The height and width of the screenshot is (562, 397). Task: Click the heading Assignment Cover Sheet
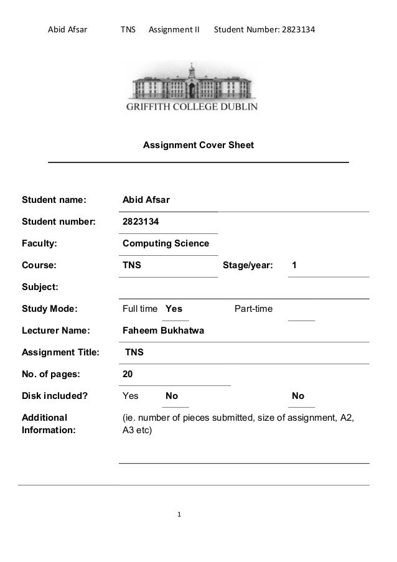click(198, 146)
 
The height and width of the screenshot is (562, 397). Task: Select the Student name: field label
click(54, 200)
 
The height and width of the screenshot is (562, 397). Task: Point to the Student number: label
click(59, 222)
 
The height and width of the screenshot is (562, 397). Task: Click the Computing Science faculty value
click(166, 243)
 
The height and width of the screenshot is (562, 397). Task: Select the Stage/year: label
click(247, 265)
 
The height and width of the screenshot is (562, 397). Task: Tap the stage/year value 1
click(294, 265)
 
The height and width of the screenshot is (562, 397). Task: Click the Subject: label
click(40, 287)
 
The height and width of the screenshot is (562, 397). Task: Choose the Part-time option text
click(253, 309)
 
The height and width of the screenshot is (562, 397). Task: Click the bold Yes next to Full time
click(174, 309)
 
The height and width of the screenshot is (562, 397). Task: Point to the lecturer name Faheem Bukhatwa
click(163, 330)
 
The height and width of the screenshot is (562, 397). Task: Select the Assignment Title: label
click(60, 352)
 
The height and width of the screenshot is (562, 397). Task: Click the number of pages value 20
click(128, 374)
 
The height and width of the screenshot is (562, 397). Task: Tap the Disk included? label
click(55, 396)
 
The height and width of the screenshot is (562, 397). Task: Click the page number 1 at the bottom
click(179, 515)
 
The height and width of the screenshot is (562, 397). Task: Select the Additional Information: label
click(49, 423)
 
